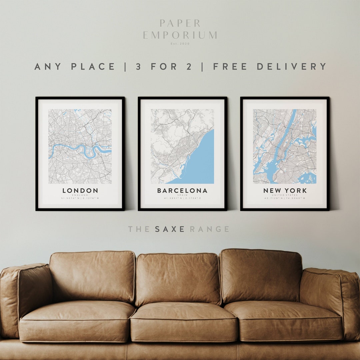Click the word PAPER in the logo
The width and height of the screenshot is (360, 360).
(180, 23)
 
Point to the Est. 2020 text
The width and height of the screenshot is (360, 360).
(180, 44)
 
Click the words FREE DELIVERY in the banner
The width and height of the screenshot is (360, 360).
(270, 66)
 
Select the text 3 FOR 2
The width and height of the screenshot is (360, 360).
(164, 66)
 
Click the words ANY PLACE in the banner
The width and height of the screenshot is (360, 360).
(75, 66)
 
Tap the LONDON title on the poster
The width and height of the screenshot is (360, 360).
(80, 191)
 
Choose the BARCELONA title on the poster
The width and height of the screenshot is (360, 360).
(182, 191)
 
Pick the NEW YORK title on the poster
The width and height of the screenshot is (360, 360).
(285, 191)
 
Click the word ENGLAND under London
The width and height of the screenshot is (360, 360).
(80, 195)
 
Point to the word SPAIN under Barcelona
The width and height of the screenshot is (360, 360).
(182, 195)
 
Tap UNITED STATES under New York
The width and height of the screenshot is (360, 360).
(285, 195)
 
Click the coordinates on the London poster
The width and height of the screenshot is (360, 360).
(80, 199)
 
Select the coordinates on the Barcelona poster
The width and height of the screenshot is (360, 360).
(182, 199)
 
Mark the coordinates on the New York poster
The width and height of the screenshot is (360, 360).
(285, 199)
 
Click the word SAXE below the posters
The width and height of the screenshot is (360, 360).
(170, 229)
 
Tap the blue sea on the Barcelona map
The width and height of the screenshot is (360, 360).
(200, 160)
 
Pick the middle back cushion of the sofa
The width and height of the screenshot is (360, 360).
(178, 278)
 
